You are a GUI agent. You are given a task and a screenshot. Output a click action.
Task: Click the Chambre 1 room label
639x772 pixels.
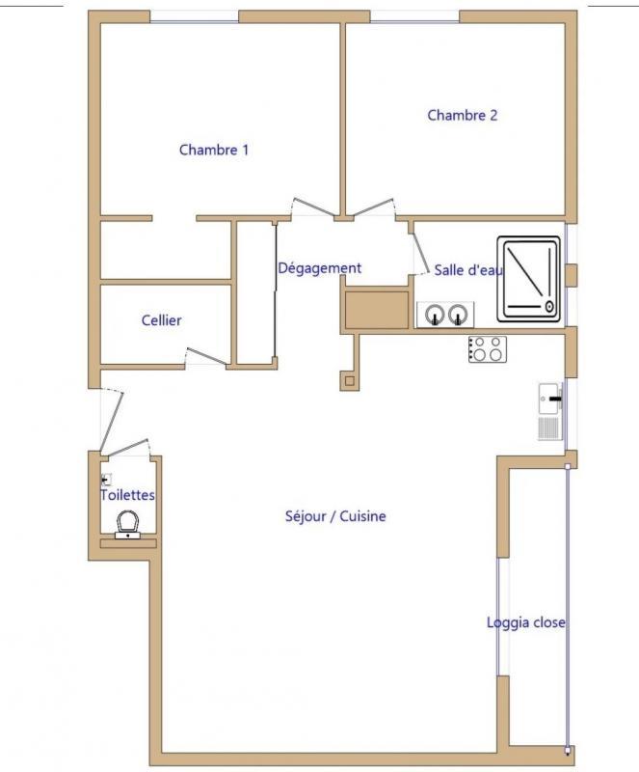pyautogui.click(x=214, y=150)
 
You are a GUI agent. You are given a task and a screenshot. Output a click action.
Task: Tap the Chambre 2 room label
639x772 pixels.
pyautogui.click(x=463, y=115)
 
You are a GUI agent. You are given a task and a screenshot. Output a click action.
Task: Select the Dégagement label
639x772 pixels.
pyautogui.click(x=319, y=268)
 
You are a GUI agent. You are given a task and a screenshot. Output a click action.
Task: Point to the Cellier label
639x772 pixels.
pyautogui.click(x=162, y=320)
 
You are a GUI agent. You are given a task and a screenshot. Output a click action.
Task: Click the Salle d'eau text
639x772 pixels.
pyautogui.click(x=468, y=270)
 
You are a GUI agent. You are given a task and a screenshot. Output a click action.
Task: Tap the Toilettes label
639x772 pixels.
pyautogui.click(x=127, y=495)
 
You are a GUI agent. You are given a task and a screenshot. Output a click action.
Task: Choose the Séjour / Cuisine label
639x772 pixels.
pyautogui.click(x=335, y=516)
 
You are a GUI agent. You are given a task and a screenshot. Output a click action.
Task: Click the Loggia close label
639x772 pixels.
pyautogui.click(x=526, y=622)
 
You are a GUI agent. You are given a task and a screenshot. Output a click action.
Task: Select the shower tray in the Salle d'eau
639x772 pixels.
pyautogui.click(x=529, y=279)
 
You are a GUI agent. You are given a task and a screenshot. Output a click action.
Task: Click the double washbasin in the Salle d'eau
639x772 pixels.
pyautogui.click(x=445, y=315)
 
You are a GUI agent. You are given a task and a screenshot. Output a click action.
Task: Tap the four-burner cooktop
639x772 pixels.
pyautogui.click(x=486, y=348)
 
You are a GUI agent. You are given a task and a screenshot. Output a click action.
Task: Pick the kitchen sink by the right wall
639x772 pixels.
pyautogui.click(x=550, y=396)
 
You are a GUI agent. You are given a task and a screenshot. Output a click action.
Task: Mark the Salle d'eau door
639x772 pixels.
pyautogui.click(x=421, y=254)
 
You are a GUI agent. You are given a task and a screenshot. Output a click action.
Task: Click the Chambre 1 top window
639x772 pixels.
pyautogui.click(x=194, y=15)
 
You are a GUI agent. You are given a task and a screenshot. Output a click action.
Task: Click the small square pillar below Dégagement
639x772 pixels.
pyautogui.click(x=347, y=380)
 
